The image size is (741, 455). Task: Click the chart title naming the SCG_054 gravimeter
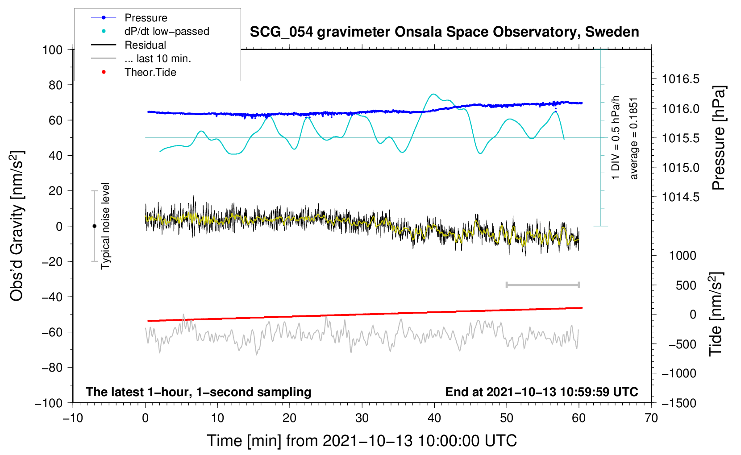point(444,32)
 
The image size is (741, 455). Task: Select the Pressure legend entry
point(146,18)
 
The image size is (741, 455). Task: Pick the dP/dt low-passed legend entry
point(167,31)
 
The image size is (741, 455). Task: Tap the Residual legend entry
point(145,45)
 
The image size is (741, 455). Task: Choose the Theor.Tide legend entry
point(150,72)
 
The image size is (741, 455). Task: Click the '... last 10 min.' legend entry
point(158,58)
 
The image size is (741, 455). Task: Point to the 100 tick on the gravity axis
point(52,50)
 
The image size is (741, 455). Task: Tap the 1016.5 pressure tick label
point(680,79)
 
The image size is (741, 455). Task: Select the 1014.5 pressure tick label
point(680,197)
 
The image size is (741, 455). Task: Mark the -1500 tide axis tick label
point(679,403)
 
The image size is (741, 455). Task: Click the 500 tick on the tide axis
point(686,285)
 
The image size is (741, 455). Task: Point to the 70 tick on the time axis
point(651,418)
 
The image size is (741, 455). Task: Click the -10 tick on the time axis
point(73,418)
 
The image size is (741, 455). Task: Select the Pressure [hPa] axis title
point(719,138)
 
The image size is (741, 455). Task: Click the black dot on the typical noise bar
point(94,226)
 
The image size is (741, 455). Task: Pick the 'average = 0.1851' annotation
point(634,138)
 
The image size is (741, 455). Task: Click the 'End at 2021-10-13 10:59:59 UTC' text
point(541,392)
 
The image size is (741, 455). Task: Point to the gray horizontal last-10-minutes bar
point(542,285)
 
